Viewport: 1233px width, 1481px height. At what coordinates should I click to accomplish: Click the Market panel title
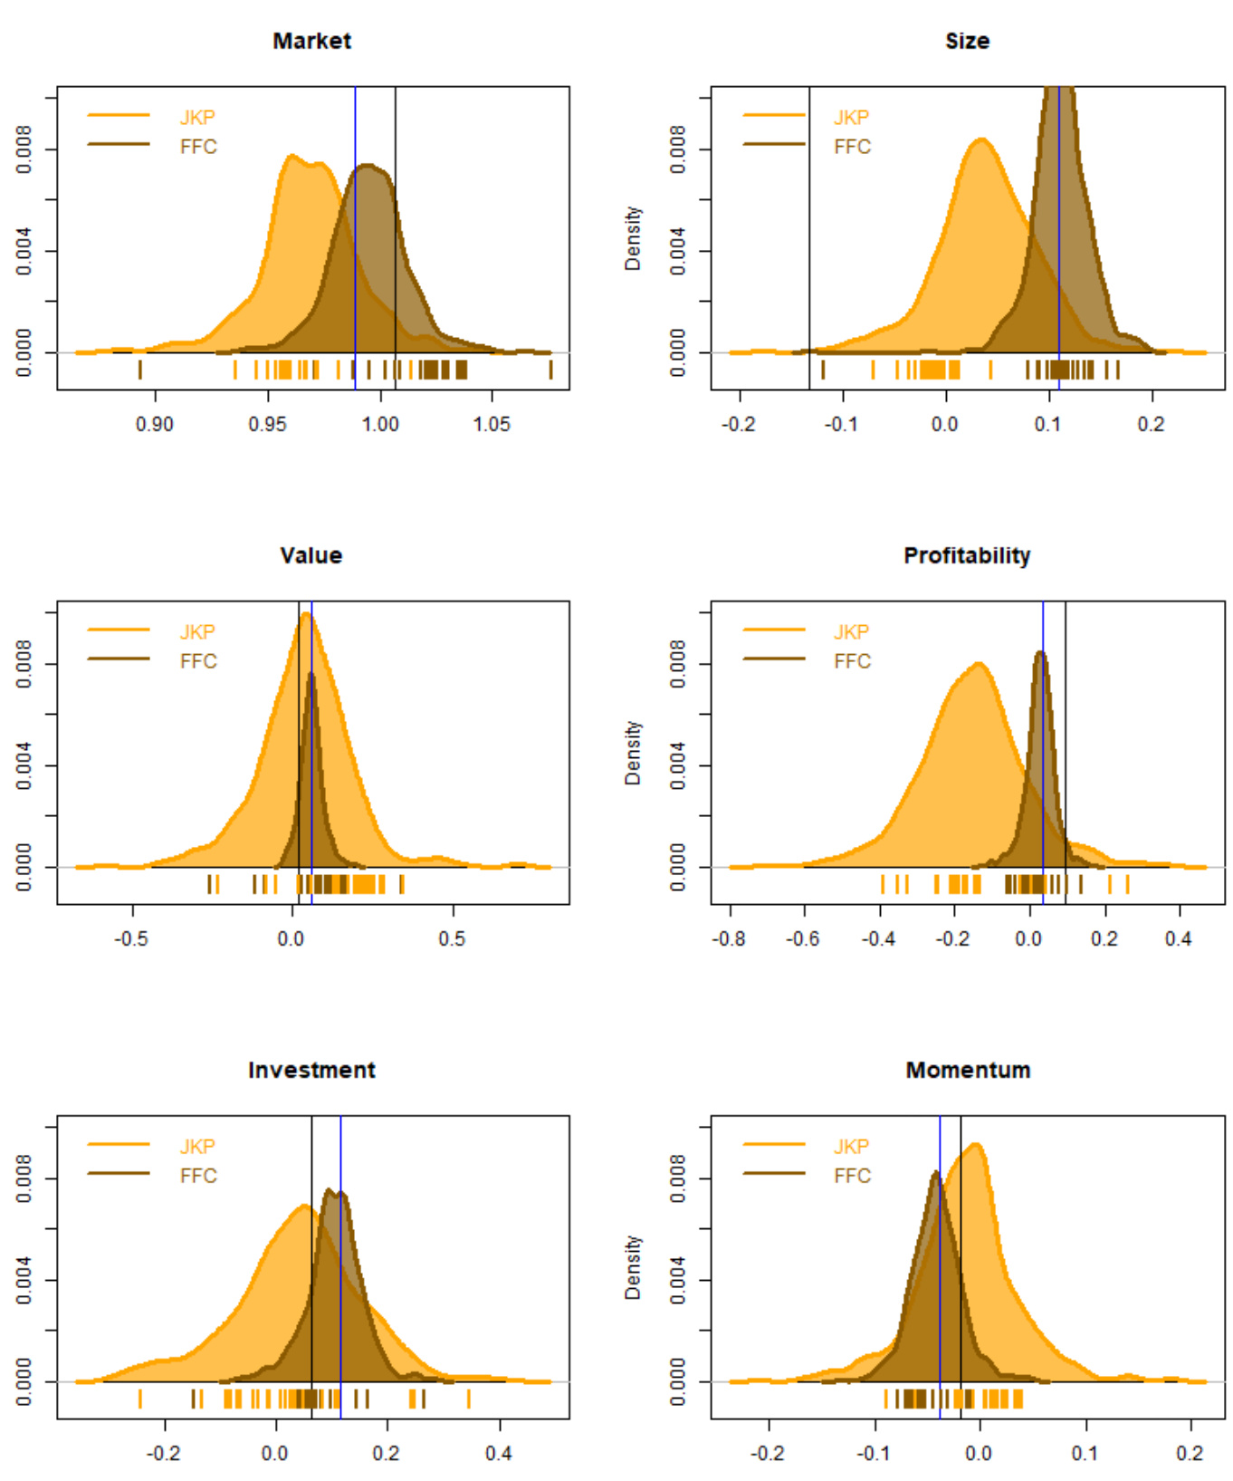click(311, 41)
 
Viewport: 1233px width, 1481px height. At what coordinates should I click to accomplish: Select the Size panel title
click(967, 41)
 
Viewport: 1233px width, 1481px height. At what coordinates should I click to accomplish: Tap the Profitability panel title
click(967, 555)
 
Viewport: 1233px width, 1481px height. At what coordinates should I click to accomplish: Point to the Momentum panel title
click(968, 1070)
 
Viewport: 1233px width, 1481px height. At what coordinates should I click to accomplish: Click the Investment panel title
click(311, 1070)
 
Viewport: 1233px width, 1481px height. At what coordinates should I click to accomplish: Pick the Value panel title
click(311, 555)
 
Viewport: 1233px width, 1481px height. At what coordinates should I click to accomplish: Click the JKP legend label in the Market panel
click(197, 117)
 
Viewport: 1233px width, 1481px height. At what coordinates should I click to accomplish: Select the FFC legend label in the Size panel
click(852, 147)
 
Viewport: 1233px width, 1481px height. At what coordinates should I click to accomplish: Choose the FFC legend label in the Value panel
click(198, 661)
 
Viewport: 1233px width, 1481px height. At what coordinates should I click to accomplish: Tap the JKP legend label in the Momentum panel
click(851, 1146)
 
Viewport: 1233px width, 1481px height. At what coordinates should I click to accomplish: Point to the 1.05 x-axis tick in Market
click(492, 424)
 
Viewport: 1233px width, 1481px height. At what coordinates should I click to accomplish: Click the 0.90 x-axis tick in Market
click(155, 424)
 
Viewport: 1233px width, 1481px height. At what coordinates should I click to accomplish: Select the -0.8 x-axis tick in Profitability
click(729, 938)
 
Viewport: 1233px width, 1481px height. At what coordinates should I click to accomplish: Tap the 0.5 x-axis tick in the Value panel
click(452, 938)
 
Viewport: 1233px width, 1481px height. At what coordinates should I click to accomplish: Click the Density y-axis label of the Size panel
click(633, 238)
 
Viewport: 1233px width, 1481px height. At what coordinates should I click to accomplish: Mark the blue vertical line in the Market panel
click(355, 226)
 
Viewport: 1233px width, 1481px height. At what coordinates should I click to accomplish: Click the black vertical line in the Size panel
click(809, 226)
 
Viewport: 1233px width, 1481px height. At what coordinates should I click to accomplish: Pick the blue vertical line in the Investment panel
click(340, 1268)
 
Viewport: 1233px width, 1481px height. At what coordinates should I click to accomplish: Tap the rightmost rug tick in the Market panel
click(550, 369)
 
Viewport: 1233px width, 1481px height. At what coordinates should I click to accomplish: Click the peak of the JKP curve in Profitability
click(979, 664)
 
